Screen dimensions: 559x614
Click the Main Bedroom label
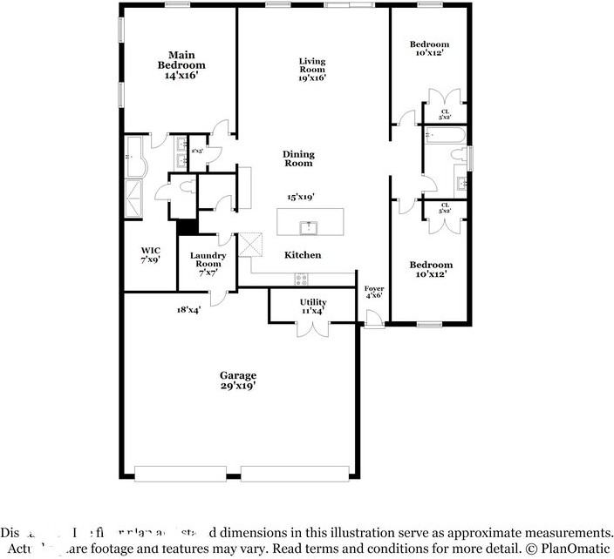pyautogui.click(x=181, y=65)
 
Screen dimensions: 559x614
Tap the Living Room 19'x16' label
pyautogui.click(x=312, y=69)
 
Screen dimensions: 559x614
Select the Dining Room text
pyautogui.click(x=298, y=158)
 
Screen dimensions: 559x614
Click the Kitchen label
pyautogui.click(x=303, y=255)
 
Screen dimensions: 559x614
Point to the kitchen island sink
pyautogui.click(x=307, y=226)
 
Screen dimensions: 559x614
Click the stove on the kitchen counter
pyautogui.click(x=302, y=279)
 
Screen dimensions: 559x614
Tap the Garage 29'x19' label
pyautogui.click(x=237, y=380)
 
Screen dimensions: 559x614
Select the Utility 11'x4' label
pyautogui.click(x=313, y=306)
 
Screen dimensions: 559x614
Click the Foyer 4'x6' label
pyautogui.click(x=373, y=292)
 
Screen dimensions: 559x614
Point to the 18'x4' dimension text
pyautogui.click(x=188, y=309)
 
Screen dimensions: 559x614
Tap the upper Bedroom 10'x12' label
pyautogui.click(x=429, y=48)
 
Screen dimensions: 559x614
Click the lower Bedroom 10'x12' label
pyautogui.click(x=432, y=269)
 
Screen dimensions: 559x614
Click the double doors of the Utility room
pyautogui.click(x=313, y=329)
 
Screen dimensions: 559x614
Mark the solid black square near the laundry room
pyautogui.click(x=185, y=226)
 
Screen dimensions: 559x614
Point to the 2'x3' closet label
pyautogui.click(x=197, y=151)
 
